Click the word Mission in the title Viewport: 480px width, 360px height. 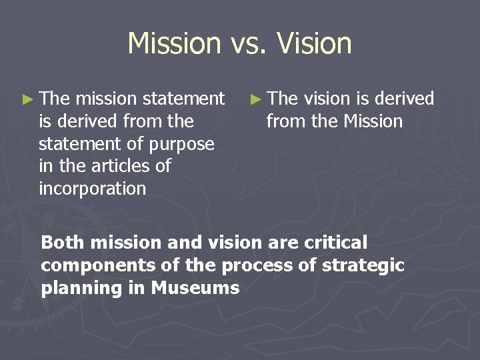[x=173, y=43]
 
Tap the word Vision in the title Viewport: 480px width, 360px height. [x=314, y=43]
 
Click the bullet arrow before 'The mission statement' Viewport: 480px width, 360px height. [x=27, y=99]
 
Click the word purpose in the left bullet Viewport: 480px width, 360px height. [x=181, y=144]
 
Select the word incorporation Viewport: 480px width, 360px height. [x=92, y=189]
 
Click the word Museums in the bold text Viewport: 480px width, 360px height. [x=195, y=288]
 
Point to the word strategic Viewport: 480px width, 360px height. [x=363, y=265]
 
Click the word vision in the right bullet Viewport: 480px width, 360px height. [x=327, y=99]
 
